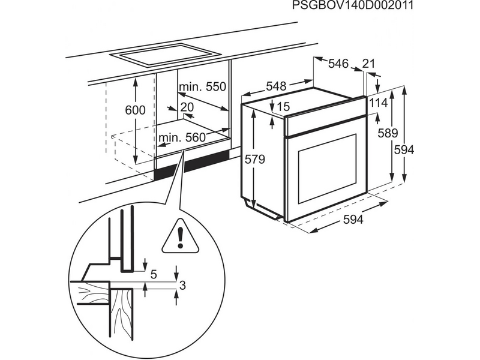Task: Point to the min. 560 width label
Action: pos(182,138)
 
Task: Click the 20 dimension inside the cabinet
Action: pos(187,107)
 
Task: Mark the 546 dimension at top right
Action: pos(338,64)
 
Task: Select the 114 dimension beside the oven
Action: pos(378,103)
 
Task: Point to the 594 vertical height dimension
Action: pos(403,150)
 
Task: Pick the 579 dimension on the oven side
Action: pos(254,160)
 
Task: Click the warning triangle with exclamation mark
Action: pos(180,236)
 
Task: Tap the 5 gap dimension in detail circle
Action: pos(153,275)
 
